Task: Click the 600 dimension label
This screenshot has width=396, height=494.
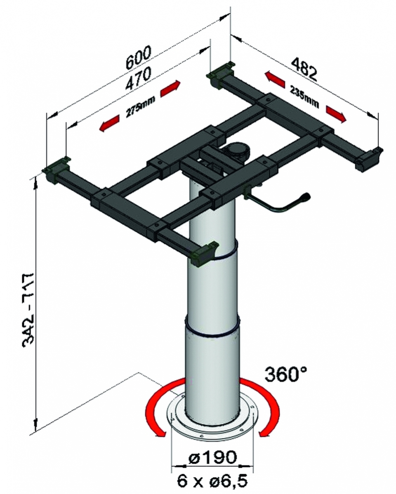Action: pyautogui.click(x=139, y=57)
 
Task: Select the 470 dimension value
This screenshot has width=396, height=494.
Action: pyautogui.click(x=138, y=78)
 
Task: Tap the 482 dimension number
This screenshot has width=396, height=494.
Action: pyautogui.click(x=303, y=68)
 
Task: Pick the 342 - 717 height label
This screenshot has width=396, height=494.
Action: pyautogui.click(x=31, y=310)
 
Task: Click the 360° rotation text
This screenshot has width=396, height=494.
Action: pyautogui.click(x=286, y=374)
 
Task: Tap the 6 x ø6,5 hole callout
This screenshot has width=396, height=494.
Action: pyautogui.click(x=212, y=480)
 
